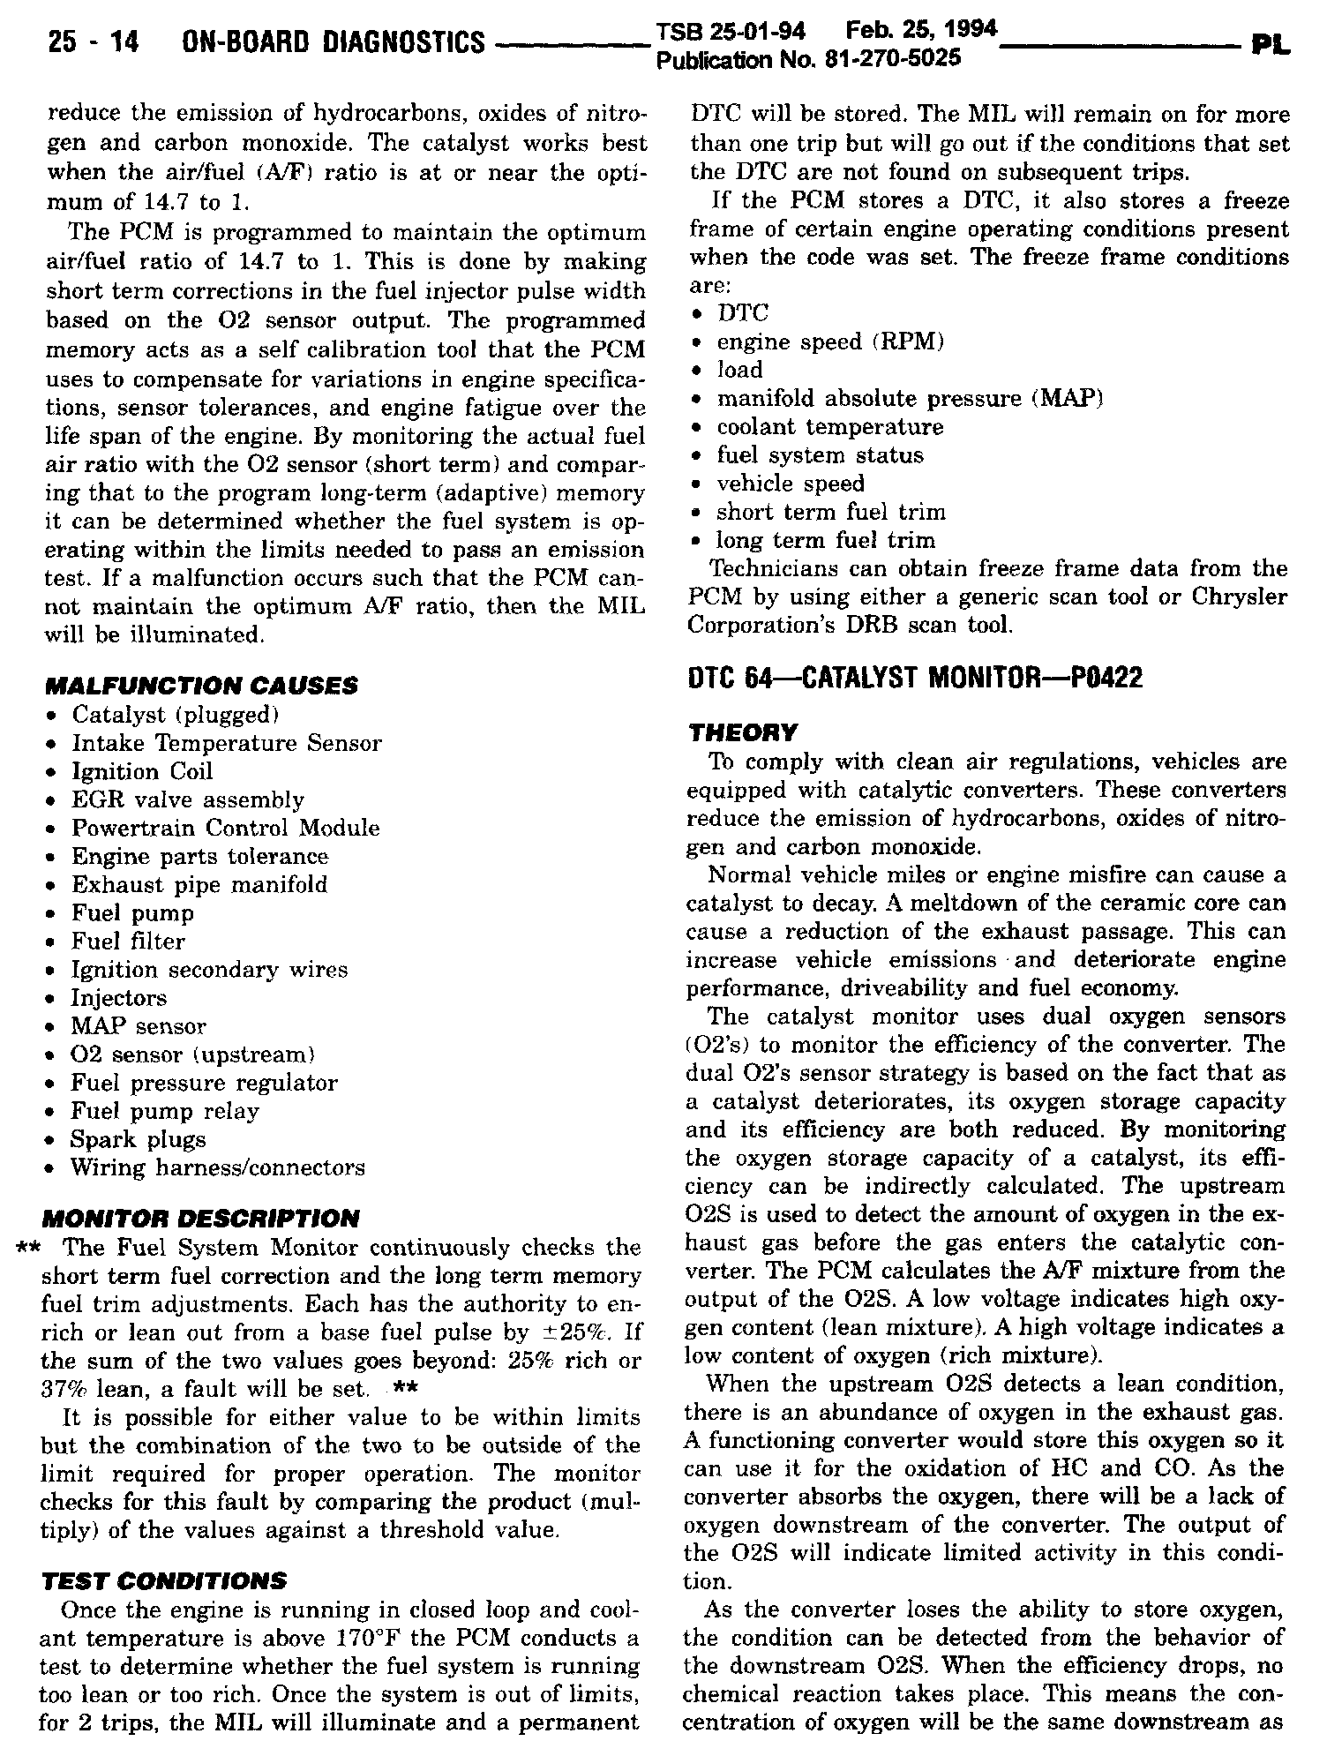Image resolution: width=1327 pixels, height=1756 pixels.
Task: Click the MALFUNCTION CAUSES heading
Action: pos(201,686)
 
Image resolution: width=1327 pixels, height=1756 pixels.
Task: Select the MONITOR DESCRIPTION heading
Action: pos(201,1219)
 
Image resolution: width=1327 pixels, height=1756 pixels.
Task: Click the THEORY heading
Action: pos(741,732)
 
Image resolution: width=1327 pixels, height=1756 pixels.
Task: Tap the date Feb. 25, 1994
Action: pos(920,31)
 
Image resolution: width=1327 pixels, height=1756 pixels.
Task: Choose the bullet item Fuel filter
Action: pos(129,942)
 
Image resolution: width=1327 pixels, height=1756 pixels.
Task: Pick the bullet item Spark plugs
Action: pos(139,1139)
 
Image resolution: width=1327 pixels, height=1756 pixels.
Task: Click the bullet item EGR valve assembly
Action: pos(188,800)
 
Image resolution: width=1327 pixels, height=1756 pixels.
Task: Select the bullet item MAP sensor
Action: pos(139,1026)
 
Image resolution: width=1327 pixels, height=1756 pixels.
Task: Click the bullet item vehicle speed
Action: pos(791,484)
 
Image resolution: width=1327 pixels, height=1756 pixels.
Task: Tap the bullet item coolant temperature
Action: pos(830,427)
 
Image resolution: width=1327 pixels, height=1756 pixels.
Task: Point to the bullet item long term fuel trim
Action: pos(826,540)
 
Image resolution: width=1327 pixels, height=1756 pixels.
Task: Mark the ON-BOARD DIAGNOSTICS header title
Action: pos(333,41)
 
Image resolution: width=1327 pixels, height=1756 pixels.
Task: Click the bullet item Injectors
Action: pos(119,998)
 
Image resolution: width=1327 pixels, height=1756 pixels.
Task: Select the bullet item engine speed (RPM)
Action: pos(830,341)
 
